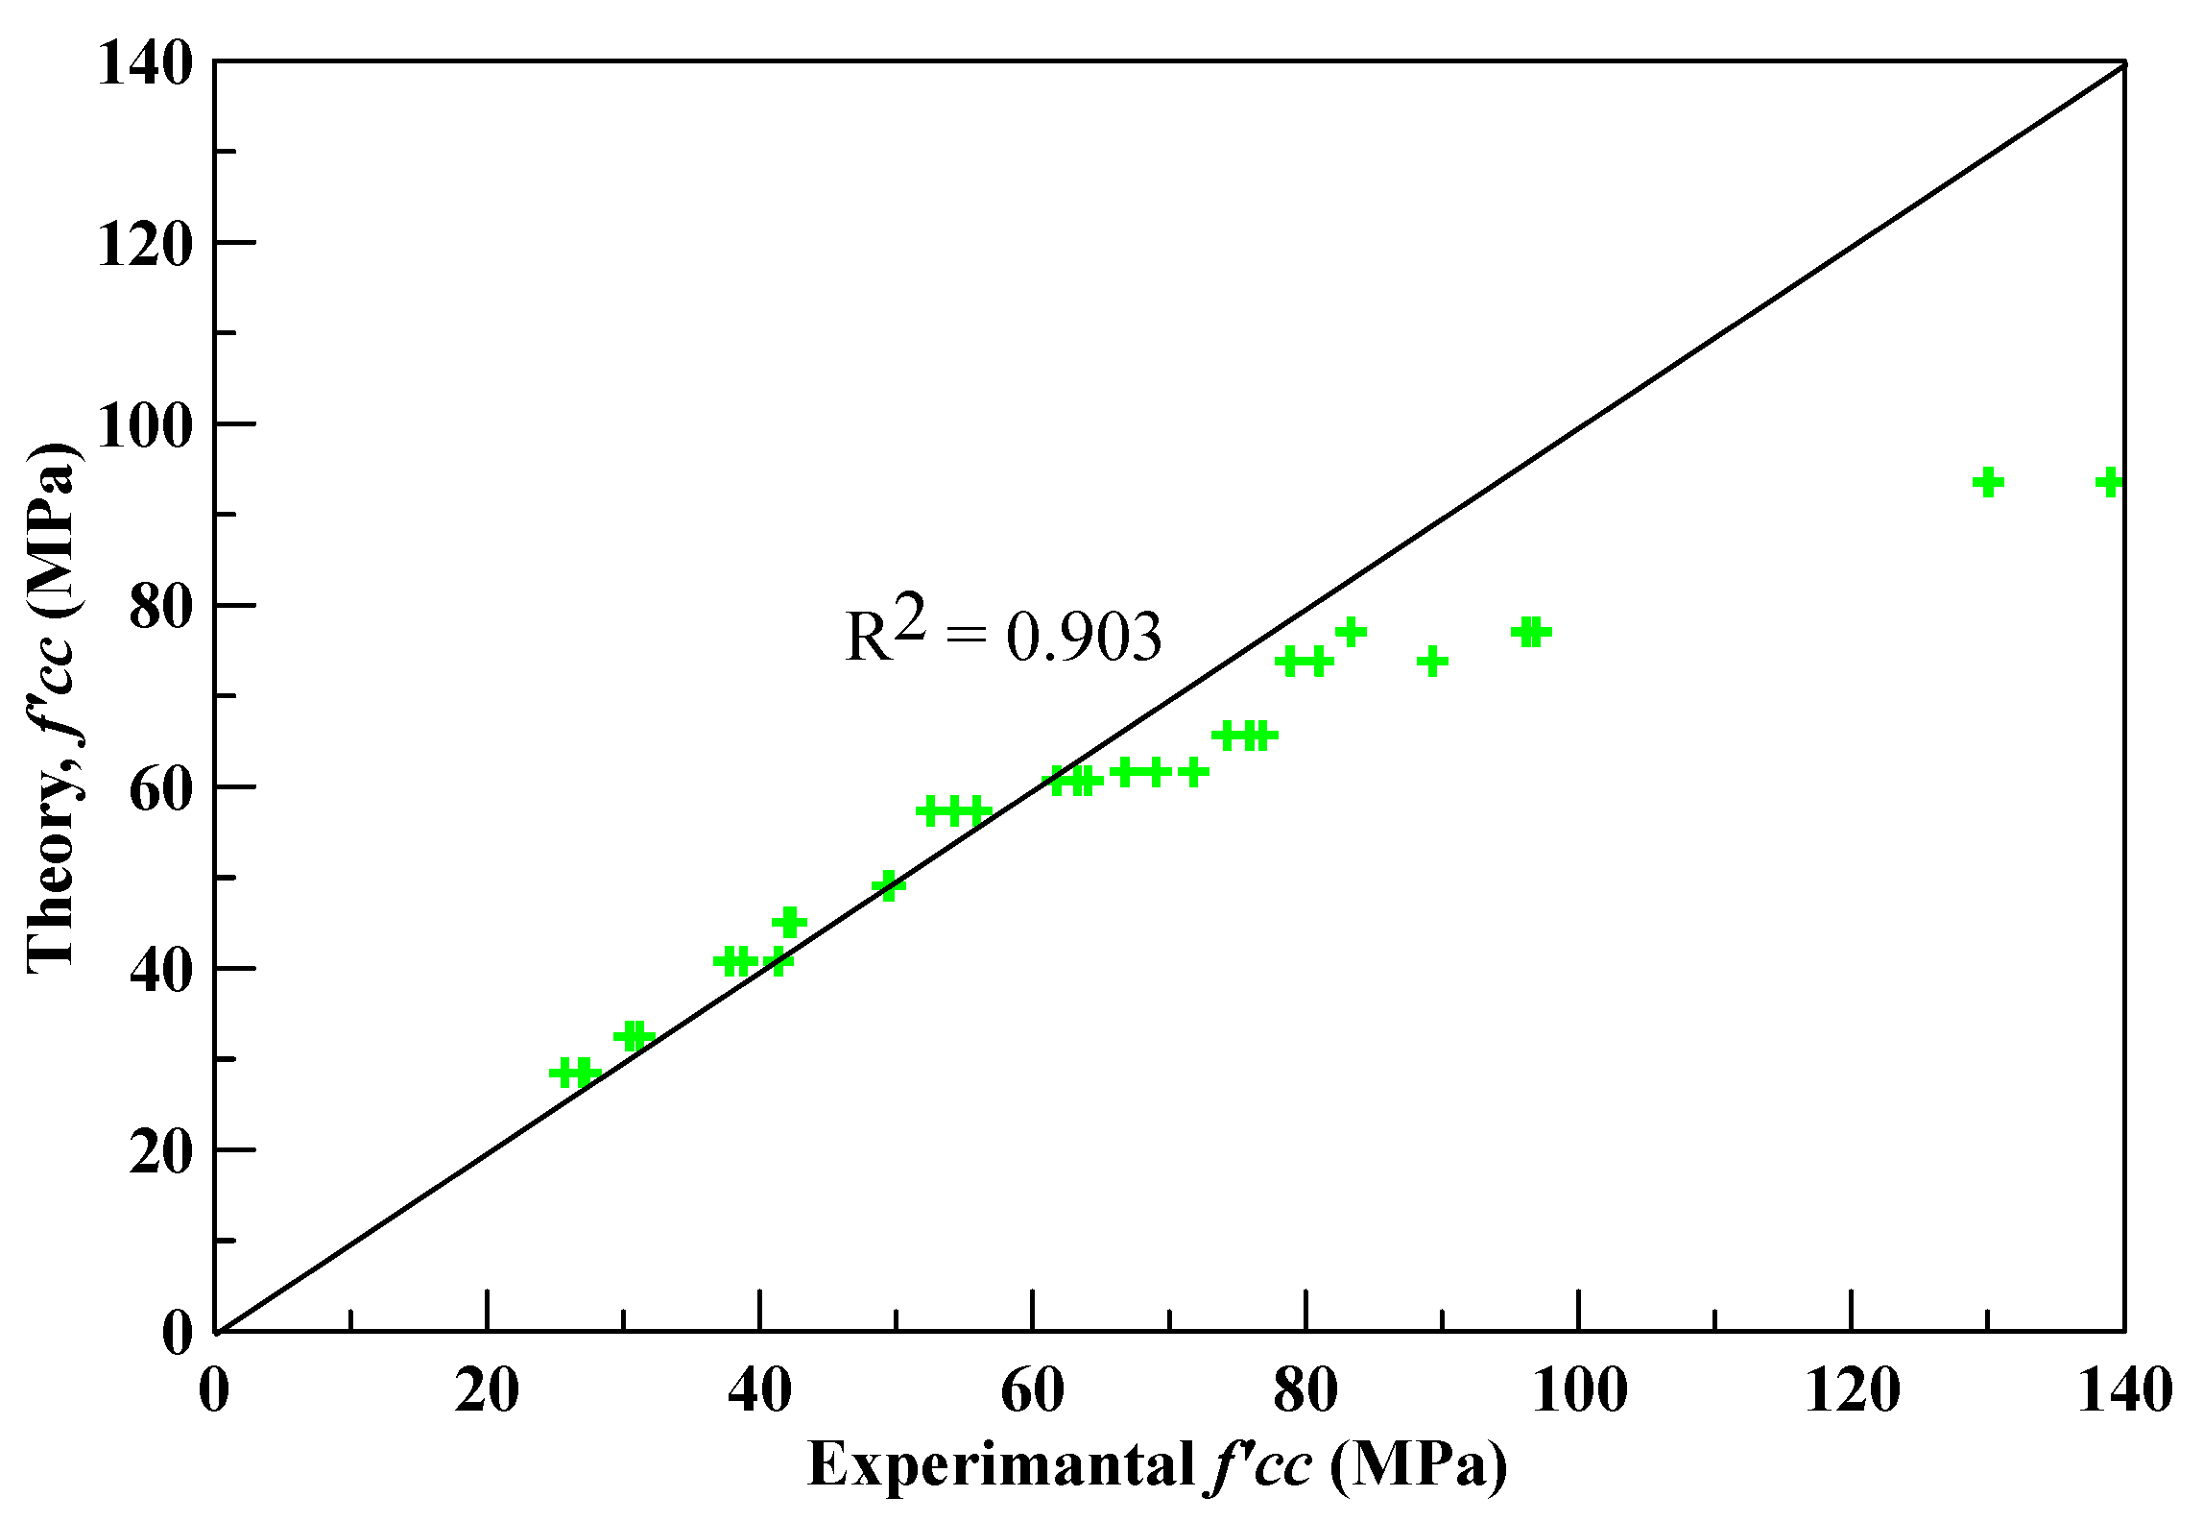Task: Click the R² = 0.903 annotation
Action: pyautogui.click(x=1003, y=631)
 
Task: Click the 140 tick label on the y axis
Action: pyautogui.click(x=145, y=64)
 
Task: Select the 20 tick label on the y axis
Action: pyautogui.click(x=161, y=1150)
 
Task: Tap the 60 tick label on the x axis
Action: pyautogui.click(x=1032, y=1391)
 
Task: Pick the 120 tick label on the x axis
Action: pyautogui.click(x=1852, y=1391)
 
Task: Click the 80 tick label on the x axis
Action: pyautogui.click(x=1305, y=1391)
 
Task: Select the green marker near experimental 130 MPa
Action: pyautogui.click(x=1988, y=482)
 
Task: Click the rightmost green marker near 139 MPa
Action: pyautogui.click(x=2109, y=482)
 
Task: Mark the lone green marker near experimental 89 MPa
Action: pyautogui.click(x=1432, y=662)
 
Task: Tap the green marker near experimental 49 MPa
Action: pyautogui.click(x=888, y=885)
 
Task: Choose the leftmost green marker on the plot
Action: pyautogui.click(x=565, y=1073)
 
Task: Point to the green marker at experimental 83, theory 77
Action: pyautogui.click(x=1351, y=632)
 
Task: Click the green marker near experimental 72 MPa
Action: pyautogui.click(x=1192, y=771)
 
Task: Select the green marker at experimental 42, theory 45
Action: pyautogui.click(x=789, y=923)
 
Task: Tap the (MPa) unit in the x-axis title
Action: pyautogui.click(x=1419, y=1466)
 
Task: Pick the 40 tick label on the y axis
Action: pyautogui.click(x=161, y=970)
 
